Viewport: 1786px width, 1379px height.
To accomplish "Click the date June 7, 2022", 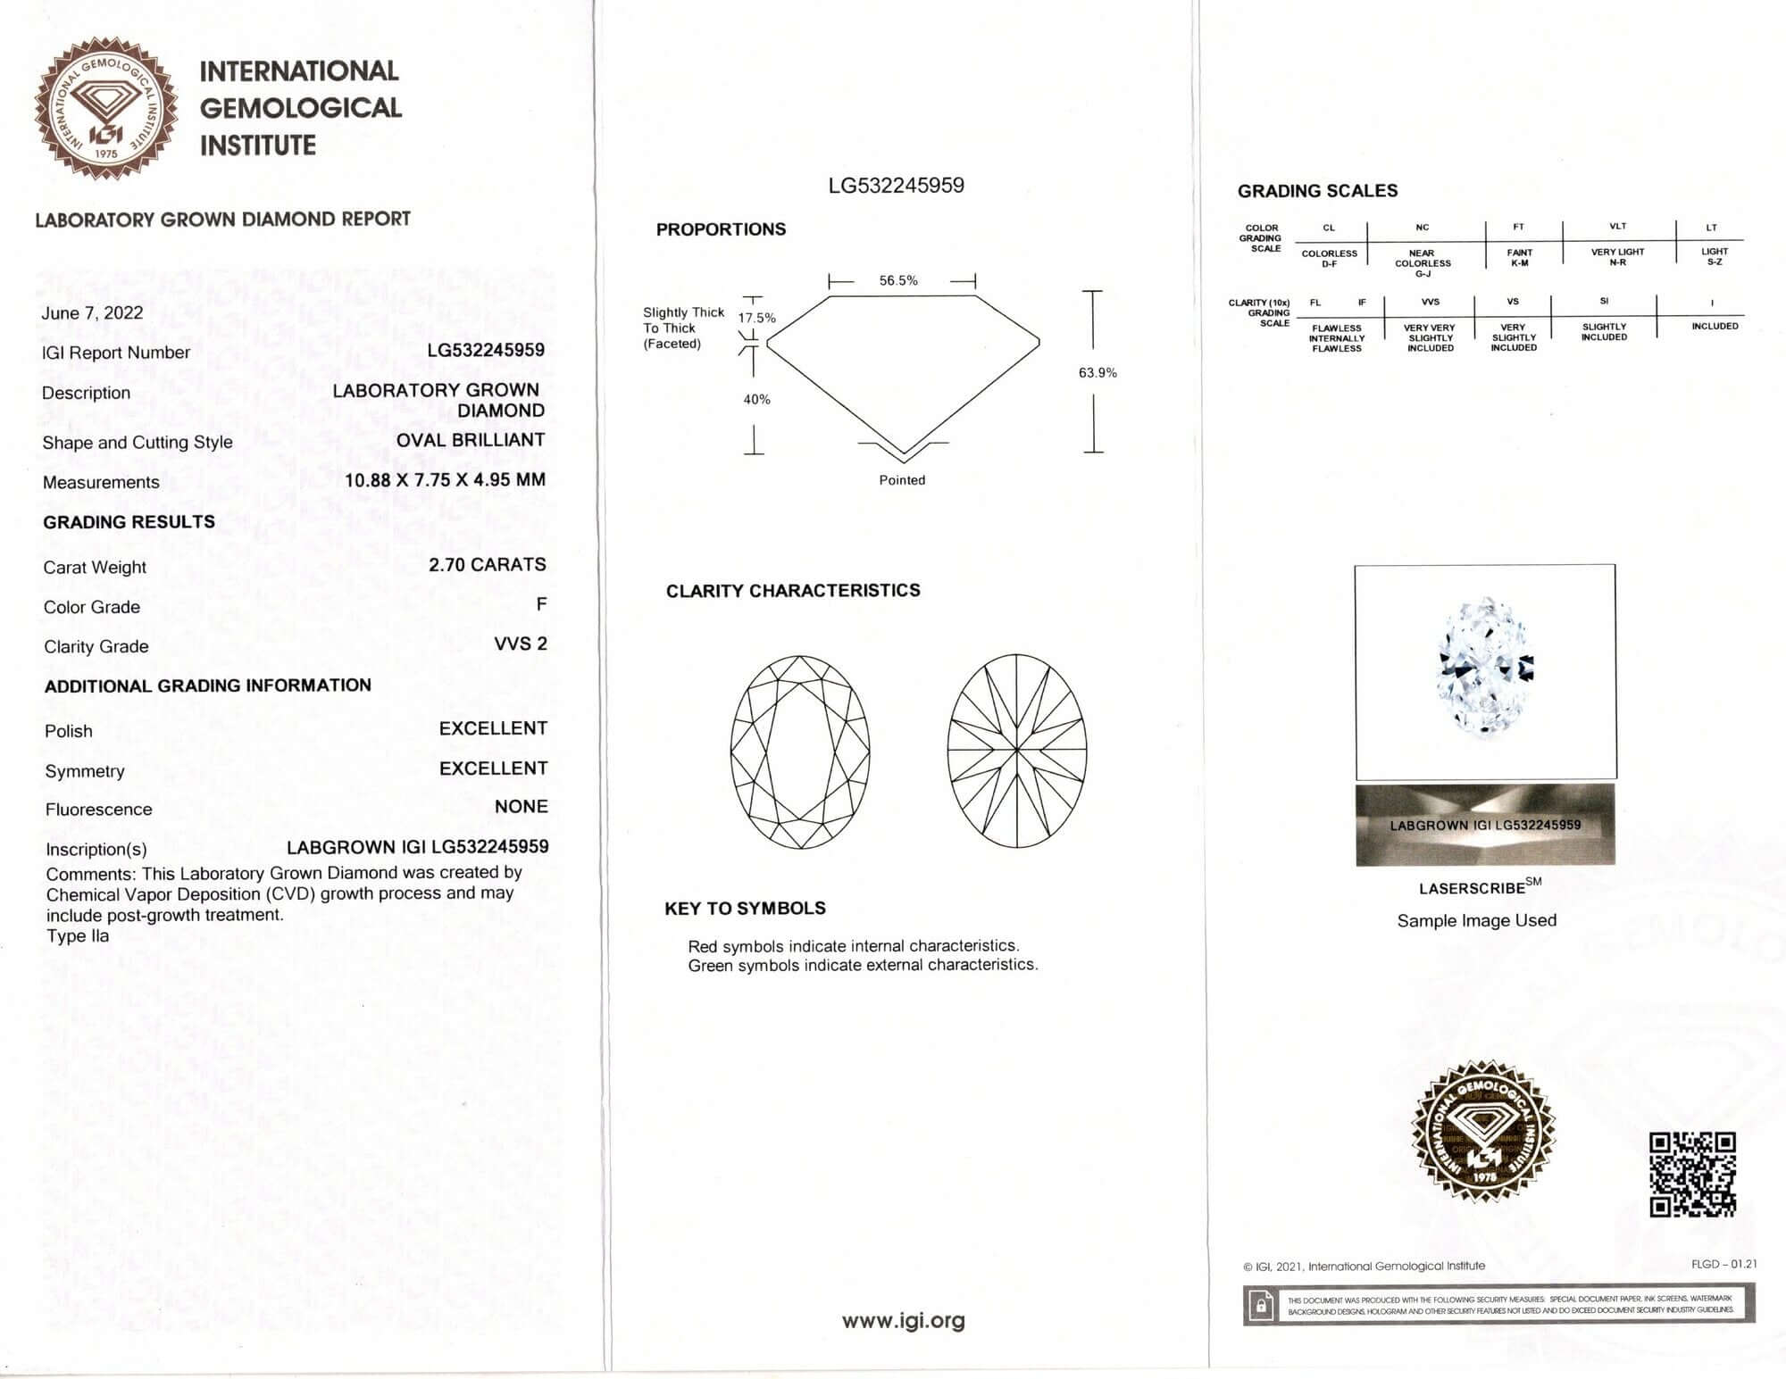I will click(x=92, y=312).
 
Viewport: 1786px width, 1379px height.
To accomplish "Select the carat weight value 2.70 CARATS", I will click(x=487, y=565).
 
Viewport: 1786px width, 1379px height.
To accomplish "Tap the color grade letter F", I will click(x=541, y=604).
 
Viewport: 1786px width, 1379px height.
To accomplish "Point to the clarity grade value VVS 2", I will click(x=521, y=644).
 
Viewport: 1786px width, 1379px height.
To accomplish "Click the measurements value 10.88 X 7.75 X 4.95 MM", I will click(x=445, y=480).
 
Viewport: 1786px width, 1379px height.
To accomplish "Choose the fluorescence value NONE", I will click(x=521, y=807).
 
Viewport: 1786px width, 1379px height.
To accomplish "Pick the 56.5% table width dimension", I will click(x=898, y=280).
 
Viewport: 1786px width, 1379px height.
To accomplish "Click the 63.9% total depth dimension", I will click(x=1097, y=372).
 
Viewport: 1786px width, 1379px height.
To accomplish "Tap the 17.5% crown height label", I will click(x=756, y=318).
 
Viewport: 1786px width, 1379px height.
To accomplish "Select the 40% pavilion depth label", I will click(x=756, y=399).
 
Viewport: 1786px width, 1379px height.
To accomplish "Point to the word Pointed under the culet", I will click(x=902, y=480).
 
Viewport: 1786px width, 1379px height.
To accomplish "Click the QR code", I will click(x=1692, y=1174).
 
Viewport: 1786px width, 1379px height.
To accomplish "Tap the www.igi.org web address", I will click(x=903, y=1320).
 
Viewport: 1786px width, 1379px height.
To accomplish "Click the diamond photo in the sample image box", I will click(x=1485, y=668).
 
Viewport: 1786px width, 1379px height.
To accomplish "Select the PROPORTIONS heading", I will click(x=721, y=229).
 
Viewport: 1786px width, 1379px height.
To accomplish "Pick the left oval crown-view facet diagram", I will click(x=800, y=752).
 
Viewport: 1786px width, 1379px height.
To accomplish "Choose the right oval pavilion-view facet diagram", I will click(x=1017, y=752).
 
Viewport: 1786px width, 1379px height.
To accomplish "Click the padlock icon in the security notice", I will click(x=1261, y=1306).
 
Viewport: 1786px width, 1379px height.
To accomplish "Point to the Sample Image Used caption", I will click(x=1476, y=920).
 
